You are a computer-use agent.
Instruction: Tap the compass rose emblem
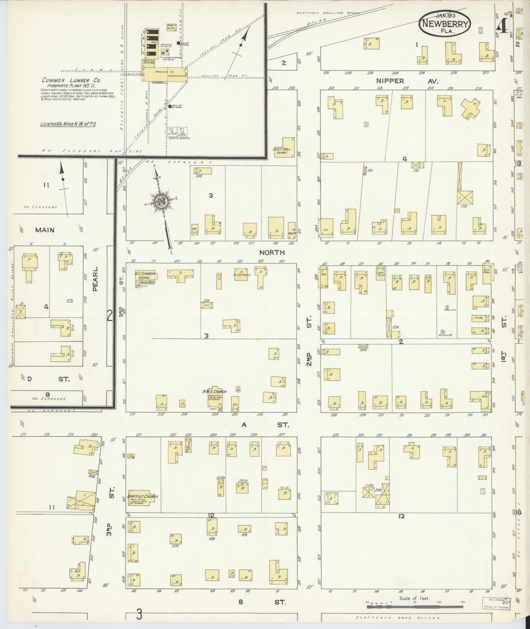click(161, 201)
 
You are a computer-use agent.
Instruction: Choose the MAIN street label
click(45, 230)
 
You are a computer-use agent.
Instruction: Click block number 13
click(401, 516)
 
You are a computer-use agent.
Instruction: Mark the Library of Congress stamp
click(496, 603)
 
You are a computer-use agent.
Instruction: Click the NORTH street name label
click(271, 252)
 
